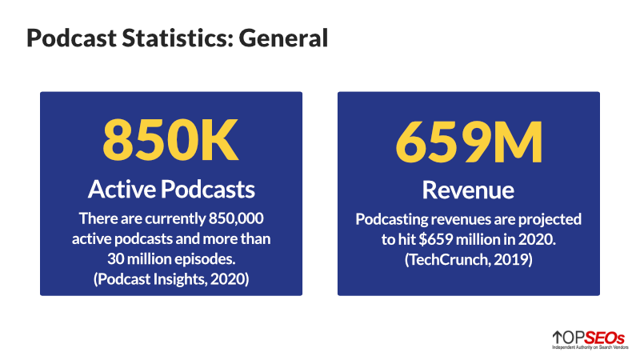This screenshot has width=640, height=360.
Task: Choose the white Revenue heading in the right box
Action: point(468,190)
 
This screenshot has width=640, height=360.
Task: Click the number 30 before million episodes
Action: point(115,258)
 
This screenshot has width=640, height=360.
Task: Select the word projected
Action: point(551,218)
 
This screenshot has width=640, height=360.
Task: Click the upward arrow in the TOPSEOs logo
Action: point(557,336)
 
